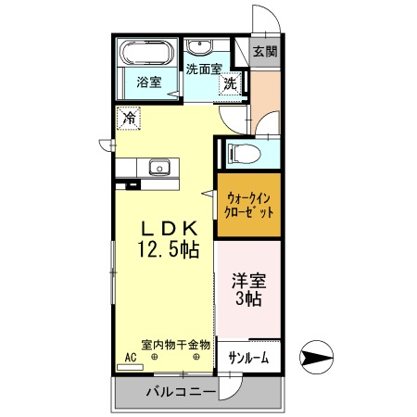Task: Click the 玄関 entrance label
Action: coord(264,52)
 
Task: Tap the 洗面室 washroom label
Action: coord(203,69)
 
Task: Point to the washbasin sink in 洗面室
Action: coord(199,47)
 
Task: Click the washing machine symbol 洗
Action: coord(229,83)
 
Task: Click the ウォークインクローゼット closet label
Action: coord(248,203)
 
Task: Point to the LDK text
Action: coord(168,227)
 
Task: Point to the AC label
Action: coord(130,358)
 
